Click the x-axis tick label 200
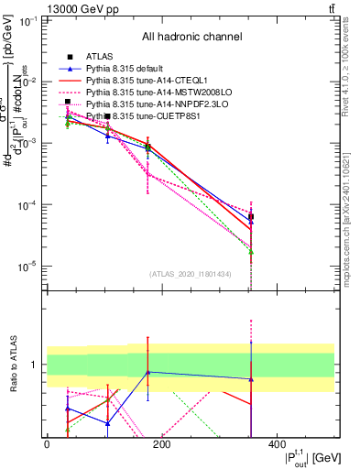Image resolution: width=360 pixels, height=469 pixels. click(162, 444)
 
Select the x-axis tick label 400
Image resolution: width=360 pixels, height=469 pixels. click(277, 444)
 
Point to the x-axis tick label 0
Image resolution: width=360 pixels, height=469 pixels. click(47, 444)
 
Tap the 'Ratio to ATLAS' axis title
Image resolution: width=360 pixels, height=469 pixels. click(11, 365)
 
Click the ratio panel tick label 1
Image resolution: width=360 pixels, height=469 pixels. click(32, 365)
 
